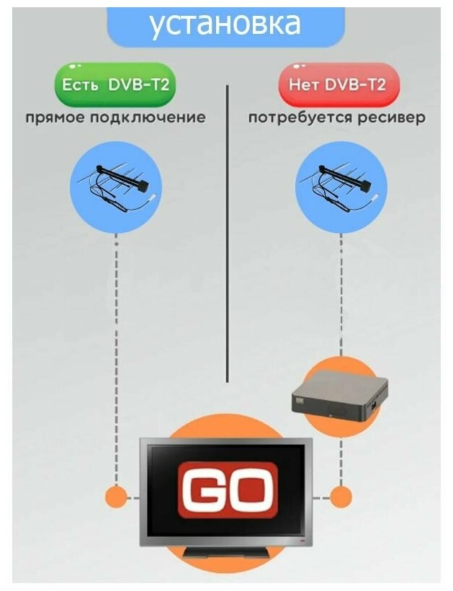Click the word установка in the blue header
point(225,25)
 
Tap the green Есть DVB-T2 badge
point(115,84)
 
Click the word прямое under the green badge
point(55,117)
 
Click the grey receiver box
point(338,397)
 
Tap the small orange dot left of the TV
point(115,497)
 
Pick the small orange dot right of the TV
point(340,497)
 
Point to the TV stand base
point(225,554)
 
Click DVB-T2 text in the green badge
point(140,84)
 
